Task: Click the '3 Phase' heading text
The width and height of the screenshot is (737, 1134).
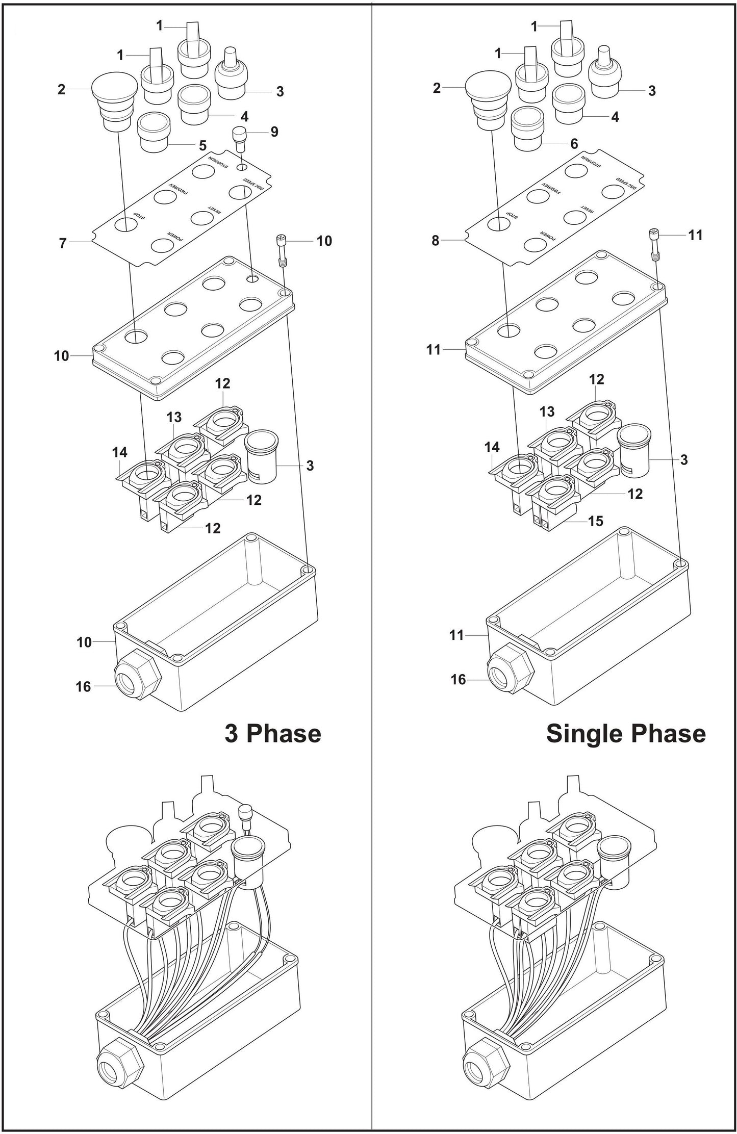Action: [x=273, y=734]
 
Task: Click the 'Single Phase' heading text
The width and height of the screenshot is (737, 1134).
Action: [x=625, y=734]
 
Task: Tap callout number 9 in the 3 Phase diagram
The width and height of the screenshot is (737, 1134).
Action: [x=274, y=132]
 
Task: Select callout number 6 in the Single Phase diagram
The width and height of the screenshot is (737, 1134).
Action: [x=574, y=144]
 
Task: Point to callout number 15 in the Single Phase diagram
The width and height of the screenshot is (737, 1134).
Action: [x=595, y=521]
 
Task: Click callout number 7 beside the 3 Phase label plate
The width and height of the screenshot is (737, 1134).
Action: [x=63, y=243]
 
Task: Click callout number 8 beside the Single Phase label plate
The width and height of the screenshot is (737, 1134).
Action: [x=435, y=240]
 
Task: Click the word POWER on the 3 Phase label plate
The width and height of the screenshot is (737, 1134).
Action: [x=174, y=237]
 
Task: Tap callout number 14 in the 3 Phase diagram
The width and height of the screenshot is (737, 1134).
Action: [x=119, y=452]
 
